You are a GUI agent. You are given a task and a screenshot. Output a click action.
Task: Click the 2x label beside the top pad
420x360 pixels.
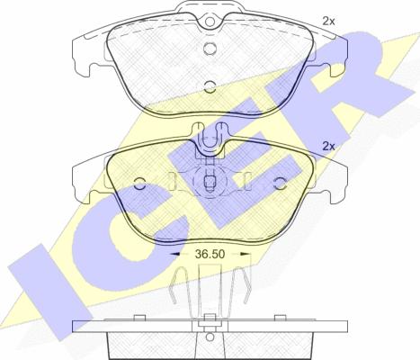coord(328,21)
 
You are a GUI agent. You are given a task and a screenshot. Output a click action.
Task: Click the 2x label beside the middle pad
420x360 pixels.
coord(328,147)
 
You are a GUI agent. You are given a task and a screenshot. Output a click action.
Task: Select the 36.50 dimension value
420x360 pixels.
coord(210,254)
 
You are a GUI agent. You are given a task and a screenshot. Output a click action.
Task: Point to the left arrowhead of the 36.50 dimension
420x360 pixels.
coord(174,254)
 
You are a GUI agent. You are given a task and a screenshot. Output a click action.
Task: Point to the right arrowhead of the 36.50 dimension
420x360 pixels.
coord(246,254)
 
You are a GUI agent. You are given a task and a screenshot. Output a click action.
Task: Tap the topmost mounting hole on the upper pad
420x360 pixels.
coord(210,22)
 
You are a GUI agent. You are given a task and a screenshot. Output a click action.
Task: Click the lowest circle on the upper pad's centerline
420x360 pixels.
coord(210,87)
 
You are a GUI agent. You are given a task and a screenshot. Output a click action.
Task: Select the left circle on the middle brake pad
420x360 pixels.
coord(139,184)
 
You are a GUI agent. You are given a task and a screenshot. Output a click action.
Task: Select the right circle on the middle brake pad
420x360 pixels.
coord(281,184)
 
